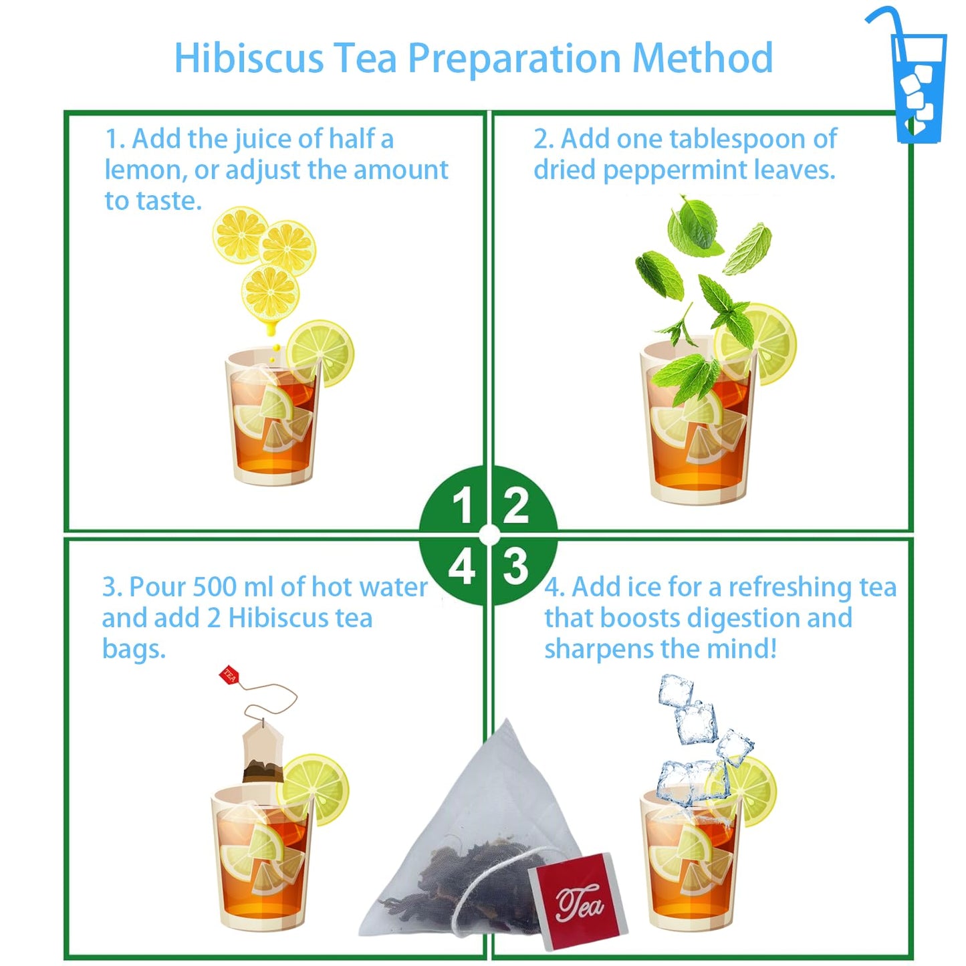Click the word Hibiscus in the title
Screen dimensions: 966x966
pos(249,58)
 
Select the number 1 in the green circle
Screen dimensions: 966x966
pos(463,506)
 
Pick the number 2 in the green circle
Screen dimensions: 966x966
pos(515,506)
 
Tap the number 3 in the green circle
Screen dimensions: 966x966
pos(515,567)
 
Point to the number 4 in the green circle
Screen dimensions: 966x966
pos(462,568)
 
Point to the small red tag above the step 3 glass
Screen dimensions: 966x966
pos(229,675)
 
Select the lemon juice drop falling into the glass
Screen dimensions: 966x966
pos(270,329)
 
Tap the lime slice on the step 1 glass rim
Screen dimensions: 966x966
pos(322,352)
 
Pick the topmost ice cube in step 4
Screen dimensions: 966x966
pos(675,691)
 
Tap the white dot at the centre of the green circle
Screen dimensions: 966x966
pos(489,535)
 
